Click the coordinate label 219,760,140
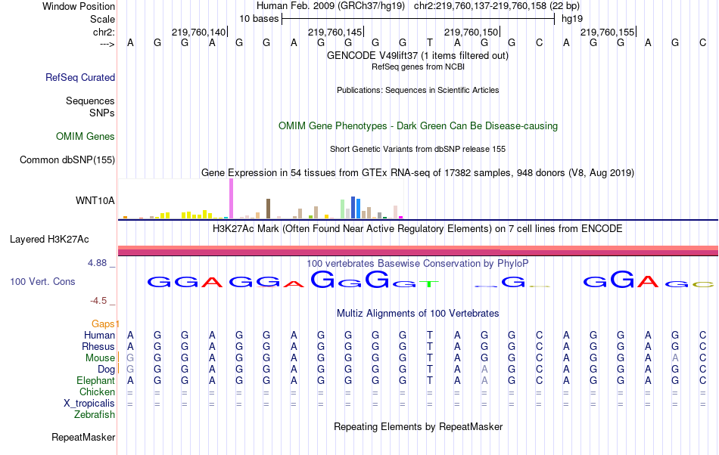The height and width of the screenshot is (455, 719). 198,32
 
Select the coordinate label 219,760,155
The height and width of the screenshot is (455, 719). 607,32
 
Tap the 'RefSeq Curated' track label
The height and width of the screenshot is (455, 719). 80,77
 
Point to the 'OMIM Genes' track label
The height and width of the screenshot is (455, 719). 86,137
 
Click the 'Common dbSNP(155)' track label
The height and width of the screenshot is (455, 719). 67,159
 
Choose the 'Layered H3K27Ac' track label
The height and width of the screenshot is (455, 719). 49,240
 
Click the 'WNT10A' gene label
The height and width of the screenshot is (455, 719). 95,200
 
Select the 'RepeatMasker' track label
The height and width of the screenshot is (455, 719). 83,437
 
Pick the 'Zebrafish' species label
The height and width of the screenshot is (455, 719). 95,414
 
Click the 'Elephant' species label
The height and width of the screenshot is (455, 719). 95,380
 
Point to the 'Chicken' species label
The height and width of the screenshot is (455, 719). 97,392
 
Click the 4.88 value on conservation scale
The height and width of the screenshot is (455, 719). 98,263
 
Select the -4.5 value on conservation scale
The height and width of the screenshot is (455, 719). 100,300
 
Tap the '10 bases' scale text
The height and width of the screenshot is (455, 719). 259,18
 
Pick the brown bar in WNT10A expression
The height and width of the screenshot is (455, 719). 268,209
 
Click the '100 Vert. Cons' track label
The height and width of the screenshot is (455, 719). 42,281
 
